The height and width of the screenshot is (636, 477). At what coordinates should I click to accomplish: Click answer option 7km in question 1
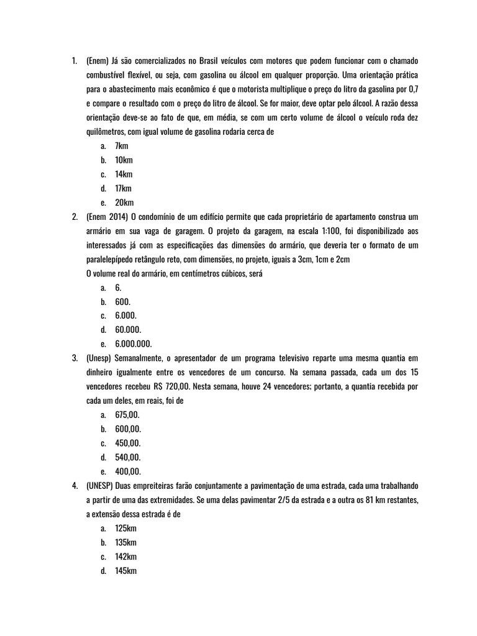[x=122, y=146]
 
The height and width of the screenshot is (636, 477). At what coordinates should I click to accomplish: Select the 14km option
[x=124, y=175]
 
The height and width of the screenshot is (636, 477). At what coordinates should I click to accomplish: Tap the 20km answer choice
[x=124, y=203]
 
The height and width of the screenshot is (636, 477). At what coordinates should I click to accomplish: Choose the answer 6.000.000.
[x=133, y=343]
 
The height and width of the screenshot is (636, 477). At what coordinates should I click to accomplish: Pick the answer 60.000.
[x=129, y=329]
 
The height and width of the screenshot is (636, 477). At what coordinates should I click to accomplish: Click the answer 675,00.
[x=128, y=414]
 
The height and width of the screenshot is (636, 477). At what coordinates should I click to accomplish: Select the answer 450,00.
[x=128, y=443]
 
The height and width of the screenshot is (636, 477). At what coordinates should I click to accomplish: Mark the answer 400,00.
[x=128, y=471]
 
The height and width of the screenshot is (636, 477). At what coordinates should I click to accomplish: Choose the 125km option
[x=125, y=528]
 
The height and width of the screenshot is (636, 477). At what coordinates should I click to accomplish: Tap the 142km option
[x=126, y=556]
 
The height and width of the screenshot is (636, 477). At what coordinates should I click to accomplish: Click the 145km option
[x=126, y=571]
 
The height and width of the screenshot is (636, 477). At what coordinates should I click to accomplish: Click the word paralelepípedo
[x=113, y=259]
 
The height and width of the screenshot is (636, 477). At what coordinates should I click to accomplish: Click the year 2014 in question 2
[x=120, y=217]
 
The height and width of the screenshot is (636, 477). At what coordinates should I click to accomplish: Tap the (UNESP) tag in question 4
[x=99, y=485]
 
